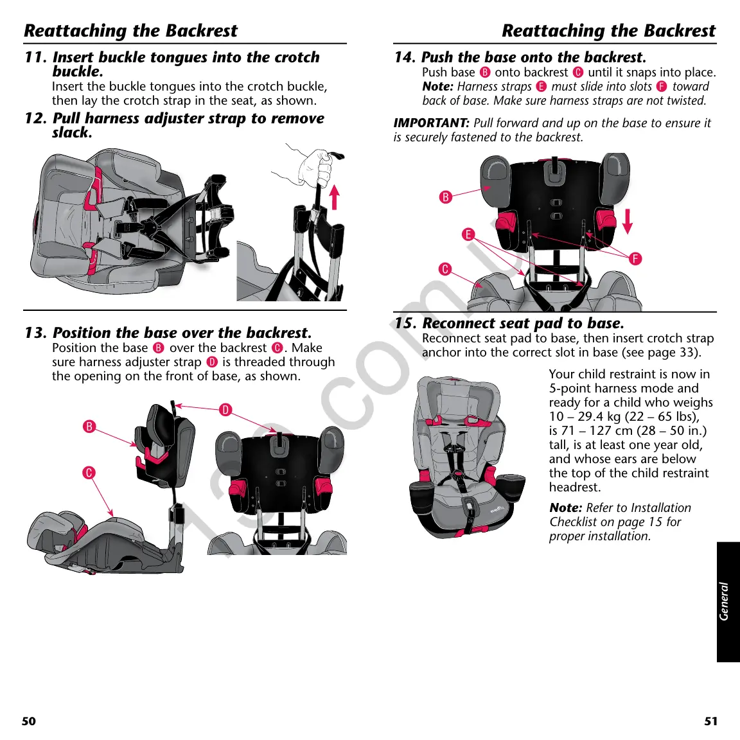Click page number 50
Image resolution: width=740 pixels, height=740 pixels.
[x=29, y=721]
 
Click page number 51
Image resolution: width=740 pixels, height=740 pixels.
[x=710, y=721]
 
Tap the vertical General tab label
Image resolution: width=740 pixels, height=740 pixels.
[x=725, y=601]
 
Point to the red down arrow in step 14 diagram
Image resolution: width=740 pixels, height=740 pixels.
[x=628, y=220]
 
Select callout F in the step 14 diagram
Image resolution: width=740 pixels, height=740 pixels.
[x=635, y=259]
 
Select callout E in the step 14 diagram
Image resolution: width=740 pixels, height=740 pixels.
[x=468, y=234]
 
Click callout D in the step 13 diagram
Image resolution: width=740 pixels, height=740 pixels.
[x=225, y=410]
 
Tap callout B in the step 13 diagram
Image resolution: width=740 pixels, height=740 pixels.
[x=89, y=427]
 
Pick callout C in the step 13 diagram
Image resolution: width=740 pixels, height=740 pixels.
[x=89, y=473]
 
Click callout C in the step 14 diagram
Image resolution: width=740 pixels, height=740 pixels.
[x=445, y=269]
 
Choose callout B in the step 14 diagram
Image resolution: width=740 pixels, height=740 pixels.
[x=445, y=197]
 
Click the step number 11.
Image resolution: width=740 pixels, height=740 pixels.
[x=35, y=57]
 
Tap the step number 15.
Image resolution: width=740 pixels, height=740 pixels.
[x=405, y=323]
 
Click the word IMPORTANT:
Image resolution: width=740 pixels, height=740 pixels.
[x=431, y=123]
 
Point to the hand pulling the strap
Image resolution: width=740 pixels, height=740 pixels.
[x=315, y=166]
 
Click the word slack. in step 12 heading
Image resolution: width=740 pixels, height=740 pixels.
[x=72, y=133]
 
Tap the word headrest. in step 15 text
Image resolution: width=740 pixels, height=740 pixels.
[x=574, y=488]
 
